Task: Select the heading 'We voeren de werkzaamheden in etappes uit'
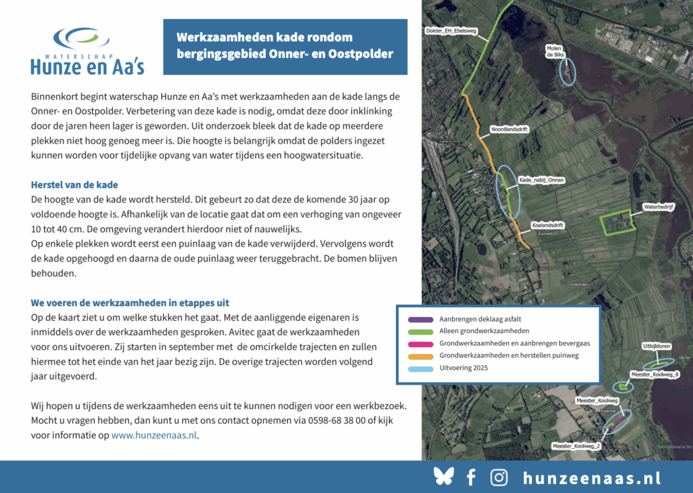135,303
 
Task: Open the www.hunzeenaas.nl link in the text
154,435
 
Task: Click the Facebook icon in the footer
471,477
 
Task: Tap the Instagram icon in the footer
499,477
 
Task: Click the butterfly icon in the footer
443,477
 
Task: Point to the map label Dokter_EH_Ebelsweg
452,31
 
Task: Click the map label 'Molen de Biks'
556,52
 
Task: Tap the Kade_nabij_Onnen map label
541,180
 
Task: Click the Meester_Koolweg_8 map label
654,374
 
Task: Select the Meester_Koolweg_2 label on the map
576,446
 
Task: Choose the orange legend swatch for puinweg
418,356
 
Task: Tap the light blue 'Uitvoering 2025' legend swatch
418,368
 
